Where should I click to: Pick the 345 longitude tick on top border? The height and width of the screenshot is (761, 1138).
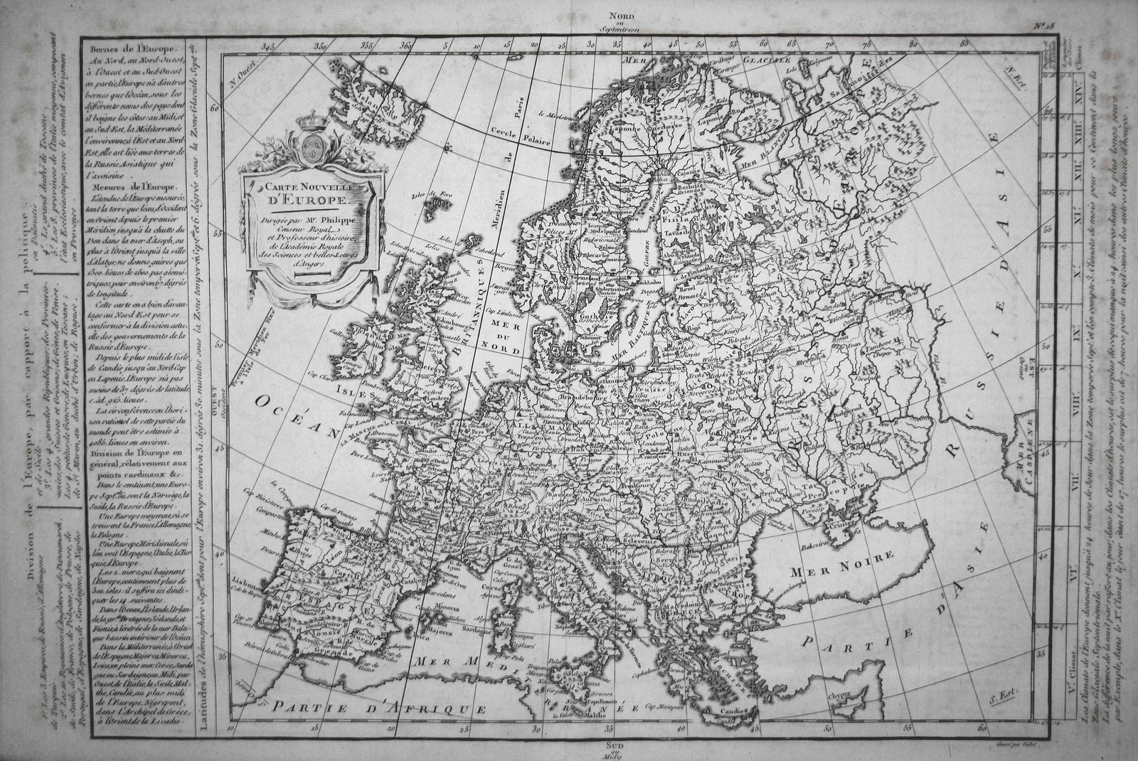click(x=268, y=46)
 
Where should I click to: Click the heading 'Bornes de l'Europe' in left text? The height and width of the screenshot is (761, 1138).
click(x=125, y=47)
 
